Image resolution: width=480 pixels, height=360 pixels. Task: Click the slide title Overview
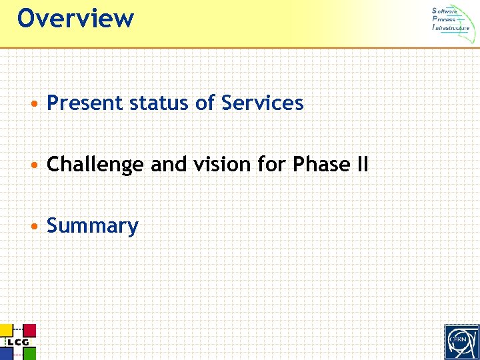tap(75, 18)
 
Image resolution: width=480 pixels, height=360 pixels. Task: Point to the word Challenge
tap(95, 165)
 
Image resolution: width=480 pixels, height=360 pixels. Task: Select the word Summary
tap(93, 226)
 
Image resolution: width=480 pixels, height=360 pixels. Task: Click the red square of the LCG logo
tap(29, 331)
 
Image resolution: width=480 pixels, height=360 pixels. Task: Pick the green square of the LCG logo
tap(29, 353)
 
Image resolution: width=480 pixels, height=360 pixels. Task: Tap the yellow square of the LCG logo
tap(5, 330)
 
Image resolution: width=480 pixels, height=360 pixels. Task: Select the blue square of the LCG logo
tap(5, 353)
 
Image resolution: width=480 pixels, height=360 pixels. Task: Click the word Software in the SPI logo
tap(445, 11)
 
